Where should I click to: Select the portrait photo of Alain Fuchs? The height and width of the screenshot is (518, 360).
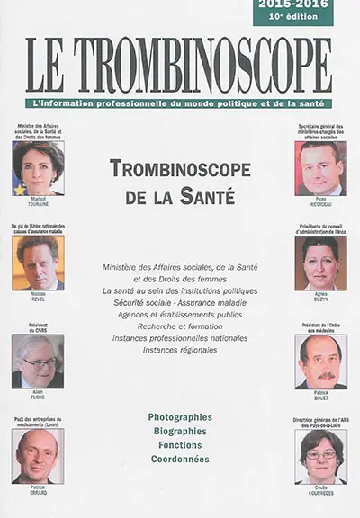[38, 362]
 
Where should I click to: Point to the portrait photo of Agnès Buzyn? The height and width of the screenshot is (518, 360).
[320, 263]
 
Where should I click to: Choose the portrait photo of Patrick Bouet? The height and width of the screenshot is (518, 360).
[320, 362]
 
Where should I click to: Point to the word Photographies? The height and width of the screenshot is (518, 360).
[180, 417]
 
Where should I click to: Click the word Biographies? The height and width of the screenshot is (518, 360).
[180, 431]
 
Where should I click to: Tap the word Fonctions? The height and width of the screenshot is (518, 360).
[180, 444]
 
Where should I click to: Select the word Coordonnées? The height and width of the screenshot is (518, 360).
[180, 459]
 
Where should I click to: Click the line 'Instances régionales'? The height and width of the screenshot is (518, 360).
[179, 350]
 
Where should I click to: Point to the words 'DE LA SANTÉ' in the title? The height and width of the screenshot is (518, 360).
[179, 192]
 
